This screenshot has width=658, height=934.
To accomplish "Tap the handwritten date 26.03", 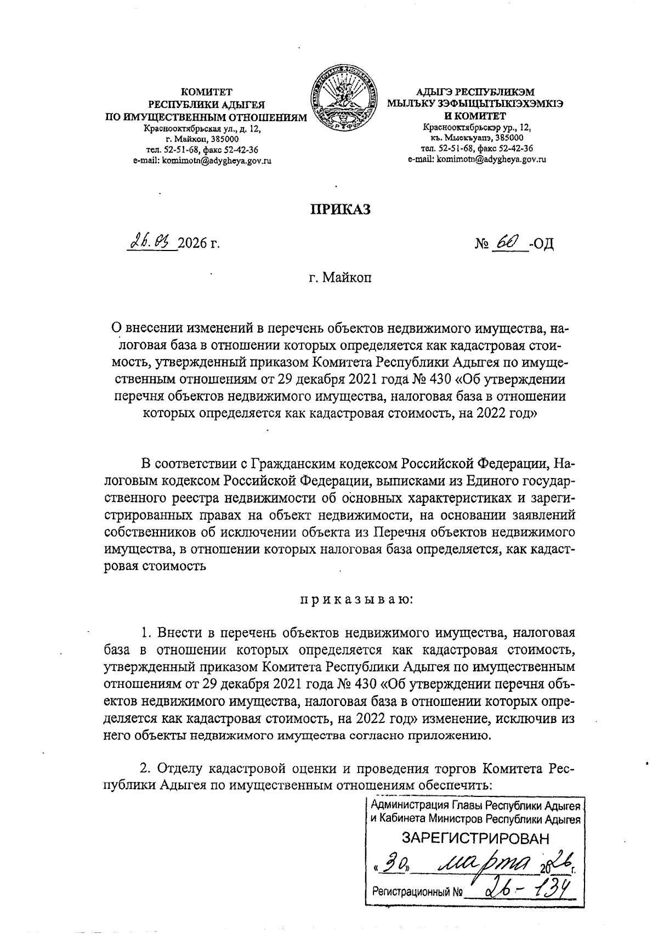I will tap(151, 241).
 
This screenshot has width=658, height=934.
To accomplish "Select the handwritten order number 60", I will tap(504, 241).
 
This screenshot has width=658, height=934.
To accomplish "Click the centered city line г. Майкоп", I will tap(339, 278).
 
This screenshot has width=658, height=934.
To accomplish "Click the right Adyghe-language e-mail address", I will tap(477, 160).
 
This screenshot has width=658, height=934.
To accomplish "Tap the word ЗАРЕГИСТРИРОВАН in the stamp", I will tap(475, 838).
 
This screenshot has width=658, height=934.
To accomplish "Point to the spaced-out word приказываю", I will tap(356, 600).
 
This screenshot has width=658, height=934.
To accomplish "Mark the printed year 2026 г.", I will tap(198, 243).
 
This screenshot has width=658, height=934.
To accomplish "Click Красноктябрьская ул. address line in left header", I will tap(201, 129).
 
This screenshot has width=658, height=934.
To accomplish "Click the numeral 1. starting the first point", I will tap(146, 634).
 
